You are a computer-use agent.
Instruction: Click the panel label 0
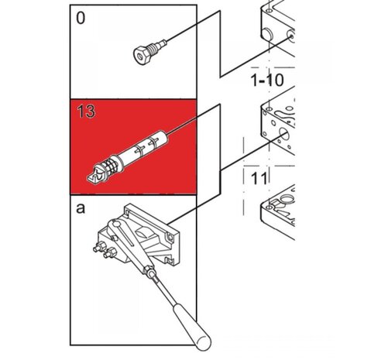(x=81, y=19)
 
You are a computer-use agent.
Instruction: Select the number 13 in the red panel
(x=86, y=111)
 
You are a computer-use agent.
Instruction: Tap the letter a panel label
(x=81, y=208)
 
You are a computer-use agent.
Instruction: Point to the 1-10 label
(x=267, y=81)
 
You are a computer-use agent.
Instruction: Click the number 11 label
(x=259, y=179)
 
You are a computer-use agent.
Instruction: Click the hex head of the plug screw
(x=142, y=55)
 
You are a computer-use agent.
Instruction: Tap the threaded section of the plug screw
(x=155, y=47)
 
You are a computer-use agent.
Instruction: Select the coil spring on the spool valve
(x=112, y=166)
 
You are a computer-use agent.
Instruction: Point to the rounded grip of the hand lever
(x=191, y=327)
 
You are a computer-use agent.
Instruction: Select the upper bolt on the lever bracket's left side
(x=100, y=247)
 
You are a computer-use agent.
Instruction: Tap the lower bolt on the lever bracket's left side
(x=110, y=252)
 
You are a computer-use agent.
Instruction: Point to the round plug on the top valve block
(x=267, y=34)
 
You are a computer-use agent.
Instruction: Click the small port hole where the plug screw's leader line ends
(x=291, y=36)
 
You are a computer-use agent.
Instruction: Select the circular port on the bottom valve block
(x=286, y=199)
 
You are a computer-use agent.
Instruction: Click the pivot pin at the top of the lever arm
(x=116, y=224)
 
